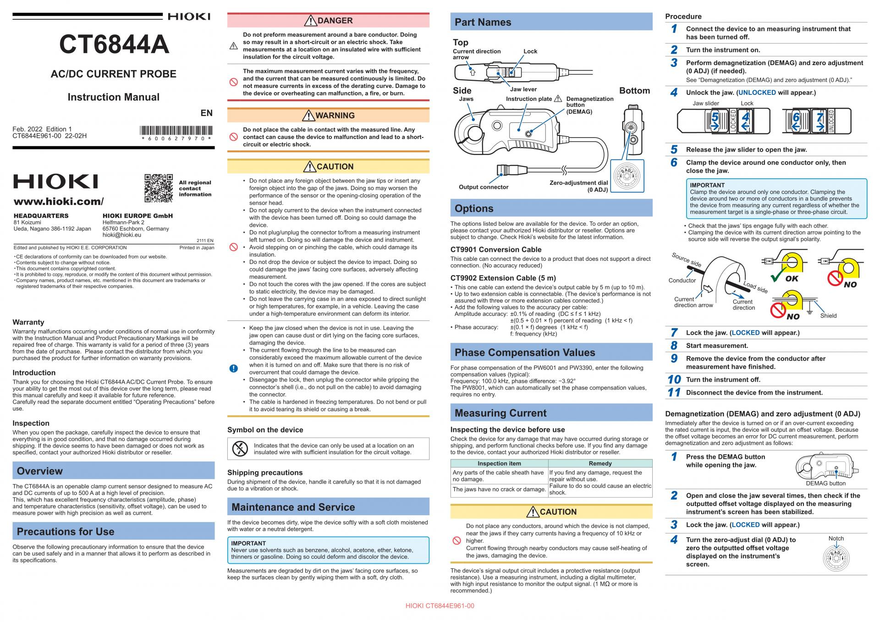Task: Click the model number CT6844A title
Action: [x=114, y=44]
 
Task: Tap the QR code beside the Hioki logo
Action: [x=159, y=188]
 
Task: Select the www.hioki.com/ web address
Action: [x=59, y=202]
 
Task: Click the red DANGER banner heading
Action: [x=328, y=21]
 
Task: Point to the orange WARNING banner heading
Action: [x=328, y=116]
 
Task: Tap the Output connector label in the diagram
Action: [x=484, y=187]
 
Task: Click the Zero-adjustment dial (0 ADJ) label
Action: [x=579, y=186]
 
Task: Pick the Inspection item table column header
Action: [x=499, y=463]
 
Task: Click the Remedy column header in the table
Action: [x=600, y=463]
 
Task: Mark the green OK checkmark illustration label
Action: [x=792, y=278]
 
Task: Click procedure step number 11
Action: [x=674, y=392]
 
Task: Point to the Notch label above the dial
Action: [x=836, y=539]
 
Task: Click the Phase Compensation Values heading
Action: [x=525, y=352]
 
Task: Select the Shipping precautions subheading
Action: [x=265, y=473]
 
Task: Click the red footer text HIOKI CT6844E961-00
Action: [x=440, y=606]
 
